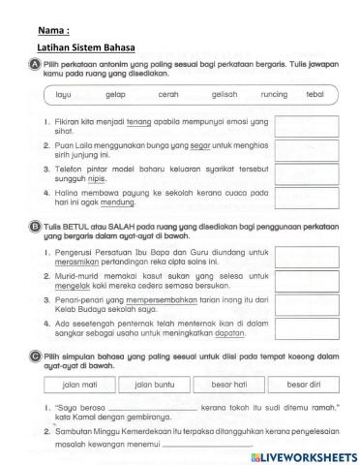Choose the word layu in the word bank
coord(64,96)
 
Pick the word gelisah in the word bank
coord(224,96)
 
